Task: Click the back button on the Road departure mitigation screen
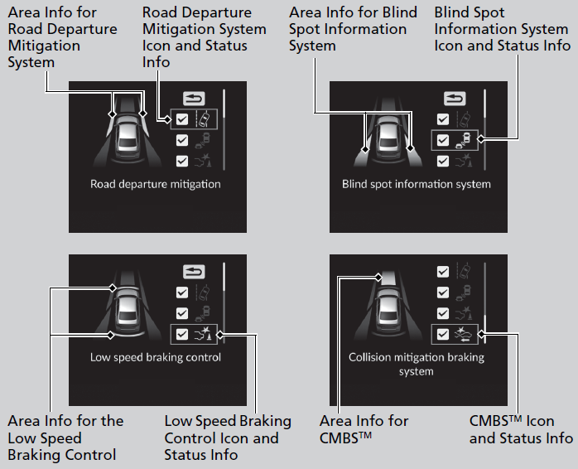coord(194,99)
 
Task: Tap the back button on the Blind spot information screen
coord(455,99)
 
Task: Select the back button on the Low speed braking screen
coord(194,272)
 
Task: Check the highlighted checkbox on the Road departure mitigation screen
coord(182,119)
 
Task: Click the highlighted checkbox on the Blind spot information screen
coord(443,140)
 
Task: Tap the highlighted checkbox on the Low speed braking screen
coord(182,334)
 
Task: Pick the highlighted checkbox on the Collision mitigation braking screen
coord(443,334)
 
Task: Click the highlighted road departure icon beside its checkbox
coord(204,119)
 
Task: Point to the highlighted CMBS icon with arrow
coord(464,334)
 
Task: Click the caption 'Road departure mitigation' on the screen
coord(156,184)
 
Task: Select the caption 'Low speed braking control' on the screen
coord(156,357)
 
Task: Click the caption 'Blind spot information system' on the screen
coord(417,184)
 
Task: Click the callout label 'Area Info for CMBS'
coord(364,428)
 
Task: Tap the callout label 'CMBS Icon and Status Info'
coord(521,428)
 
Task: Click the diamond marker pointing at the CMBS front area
coord(378,277)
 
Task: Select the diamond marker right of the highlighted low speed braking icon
coord(220,335)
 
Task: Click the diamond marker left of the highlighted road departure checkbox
coord(168,119)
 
